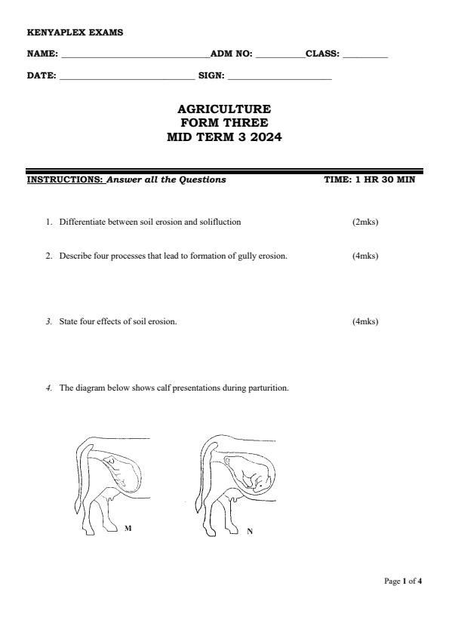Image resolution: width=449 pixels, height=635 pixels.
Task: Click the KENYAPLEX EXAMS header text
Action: pos(64,32)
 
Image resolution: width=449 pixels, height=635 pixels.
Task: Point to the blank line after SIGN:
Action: pos(279,77)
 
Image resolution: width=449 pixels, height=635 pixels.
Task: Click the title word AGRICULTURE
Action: pos(224,109)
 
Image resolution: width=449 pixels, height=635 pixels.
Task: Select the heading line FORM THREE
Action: pos(224,123)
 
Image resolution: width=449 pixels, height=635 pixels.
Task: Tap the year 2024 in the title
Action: pos(265,137)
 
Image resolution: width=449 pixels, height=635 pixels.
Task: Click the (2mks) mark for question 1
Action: pos(365,222)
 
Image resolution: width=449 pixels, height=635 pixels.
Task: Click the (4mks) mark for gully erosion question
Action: pos(365,256)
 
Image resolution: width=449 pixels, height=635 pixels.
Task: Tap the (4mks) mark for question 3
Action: pos(365,322)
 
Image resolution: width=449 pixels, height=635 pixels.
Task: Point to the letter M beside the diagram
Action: pos(128,529)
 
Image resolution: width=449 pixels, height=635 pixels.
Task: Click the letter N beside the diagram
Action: pos(250,532)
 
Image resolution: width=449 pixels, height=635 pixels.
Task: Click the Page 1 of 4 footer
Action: pos(403,581)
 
